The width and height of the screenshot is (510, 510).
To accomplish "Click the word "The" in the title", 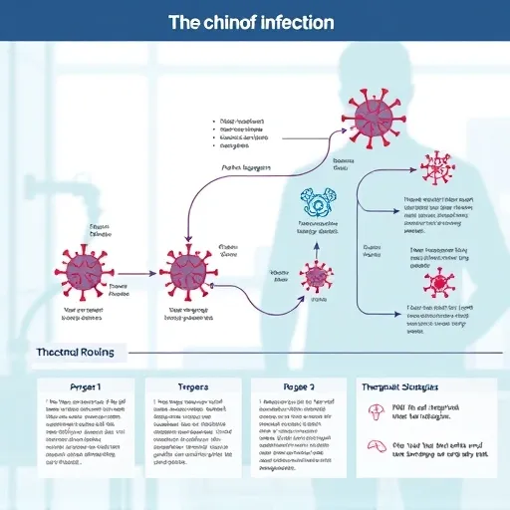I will pos(191,21).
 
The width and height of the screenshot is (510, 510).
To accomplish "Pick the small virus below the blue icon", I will pos(318,277).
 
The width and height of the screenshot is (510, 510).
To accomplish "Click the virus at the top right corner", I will pos(435,168).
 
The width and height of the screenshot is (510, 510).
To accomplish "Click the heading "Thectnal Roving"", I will pos(75,353).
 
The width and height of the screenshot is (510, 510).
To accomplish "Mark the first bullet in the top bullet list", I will pos(216,119).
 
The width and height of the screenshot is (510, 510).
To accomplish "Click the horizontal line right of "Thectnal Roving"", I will pos(299,353).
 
